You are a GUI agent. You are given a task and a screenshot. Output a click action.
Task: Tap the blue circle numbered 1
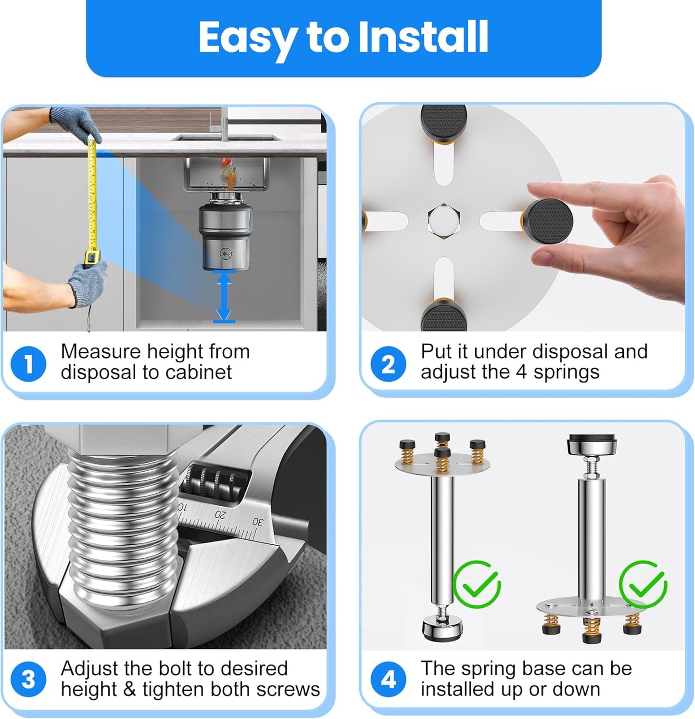tap(28, 364)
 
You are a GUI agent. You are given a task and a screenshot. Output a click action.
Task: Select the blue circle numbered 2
tap(388, 364)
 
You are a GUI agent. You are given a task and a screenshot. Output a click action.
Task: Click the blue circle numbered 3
tap(28, 680)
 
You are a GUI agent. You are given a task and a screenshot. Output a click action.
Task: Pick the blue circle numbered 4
tap(388, 680)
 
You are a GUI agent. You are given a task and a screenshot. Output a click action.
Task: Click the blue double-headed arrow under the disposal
tap(224, 296)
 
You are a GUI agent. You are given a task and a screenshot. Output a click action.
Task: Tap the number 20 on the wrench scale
tap(220, 514)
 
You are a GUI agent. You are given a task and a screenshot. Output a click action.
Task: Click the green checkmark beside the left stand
tap(477, 584)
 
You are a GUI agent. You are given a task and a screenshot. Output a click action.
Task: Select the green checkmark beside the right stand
tap(643, 584)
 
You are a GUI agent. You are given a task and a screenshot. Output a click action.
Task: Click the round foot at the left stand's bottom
tap(442, 628)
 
